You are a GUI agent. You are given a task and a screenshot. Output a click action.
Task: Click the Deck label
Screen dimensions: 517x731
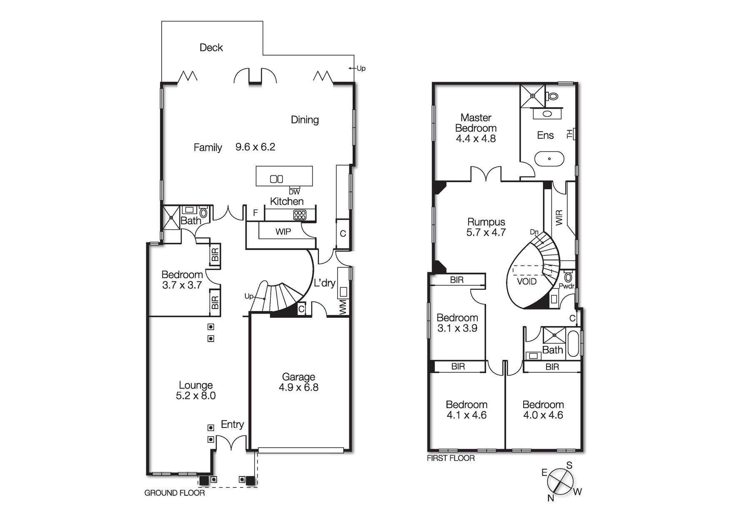[211, 48]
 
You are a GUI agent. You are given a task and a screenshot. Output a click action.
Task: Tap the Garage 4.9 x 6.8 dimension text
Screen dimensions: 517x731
[298, 388]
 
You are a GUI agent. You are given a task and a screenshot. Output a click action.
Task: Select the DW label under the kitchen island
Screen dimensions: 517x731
[294, 192]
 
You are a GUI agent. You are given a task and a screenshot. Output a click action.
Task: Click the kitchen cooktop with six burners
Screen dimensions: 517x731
[300, 215]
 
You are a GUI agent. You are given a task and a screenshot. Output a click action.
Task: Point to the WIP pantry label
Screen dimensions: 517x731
[283, 232]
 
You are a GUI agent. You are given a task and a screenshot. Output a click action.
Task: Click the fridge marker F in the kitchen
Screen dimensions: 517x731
[255, 213]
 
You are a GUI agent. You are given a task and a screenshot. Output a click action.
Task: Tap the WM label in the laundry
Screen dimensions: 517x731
[343, 308]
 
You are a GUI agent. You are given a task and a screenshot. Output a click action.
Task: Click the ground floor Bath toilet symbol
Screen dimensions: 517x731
[204, 213]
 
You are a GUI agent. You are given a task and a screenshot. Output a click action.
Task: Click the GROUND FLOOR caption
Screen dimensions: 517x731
[175, 493]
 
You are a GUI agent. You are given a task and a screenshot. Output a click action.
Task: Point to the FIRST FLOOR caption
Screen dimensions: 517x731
[451, 458]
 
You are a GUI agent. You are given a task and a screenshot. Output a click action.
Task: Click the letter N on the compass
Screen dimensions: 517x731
[551, 498]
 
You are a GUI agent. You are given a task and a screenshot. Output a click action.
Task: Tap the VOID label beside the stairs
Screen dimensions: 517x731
[526, 281]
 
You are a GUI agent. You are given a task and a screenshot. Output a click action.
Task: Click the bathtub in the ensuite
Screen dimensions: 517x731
[549, 159]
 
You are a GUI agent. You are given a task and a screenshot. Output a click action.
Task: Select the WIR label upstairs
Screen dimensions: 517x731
[559, 218]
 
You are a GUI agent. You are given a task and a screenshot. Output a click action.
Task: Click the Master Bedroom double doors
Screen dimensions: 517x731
[486, 174]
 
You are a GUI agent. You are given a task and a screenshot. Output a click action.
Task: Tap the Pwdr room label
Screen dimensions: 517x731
[566, 286]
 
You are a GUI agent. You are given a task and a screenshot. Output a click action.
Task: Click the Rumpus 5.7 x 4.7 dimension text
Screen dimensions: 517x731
[486, 233]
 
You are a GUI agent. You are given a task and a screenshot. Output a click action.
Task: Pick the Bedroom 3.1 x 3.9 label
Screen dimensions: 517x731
[457, 323]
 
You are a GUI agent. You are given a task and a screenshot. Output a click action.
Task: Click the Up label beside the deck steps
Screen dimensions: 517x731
[361, 68]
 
